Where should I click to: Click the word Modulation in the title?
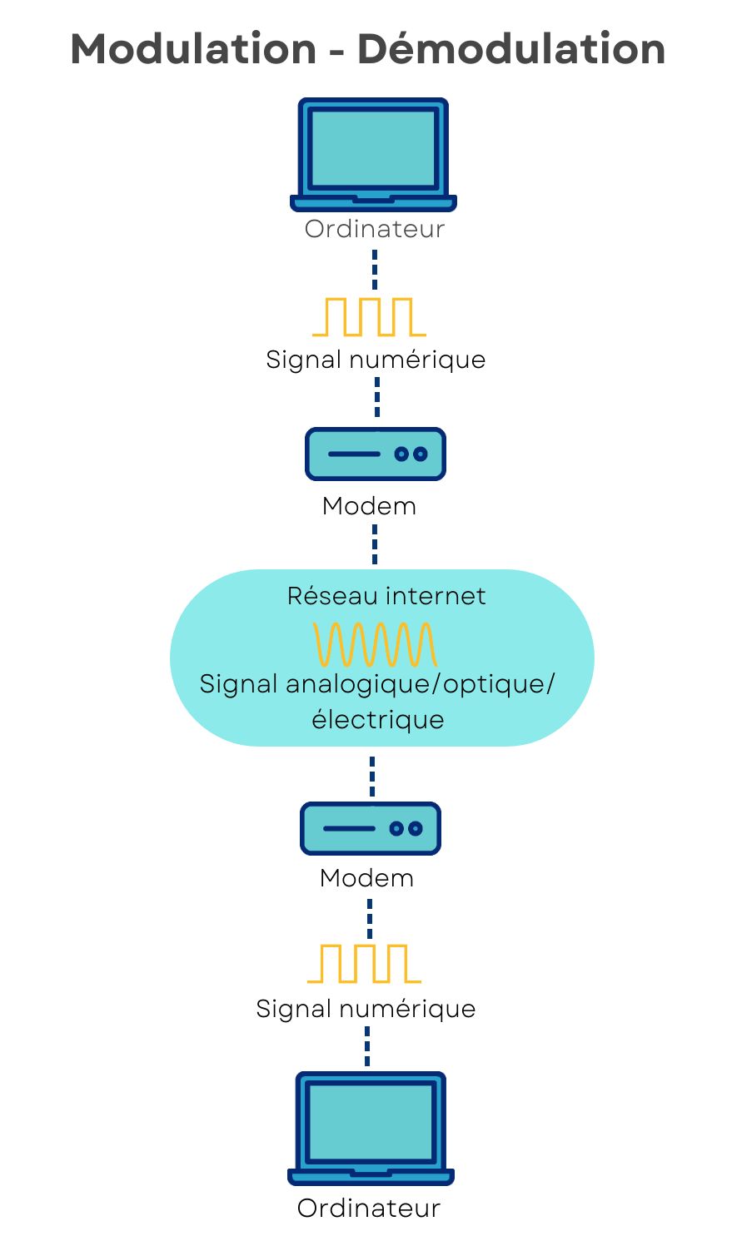click(x=193, y=49)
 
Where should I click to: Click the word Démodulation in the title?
click(x=511, y=49)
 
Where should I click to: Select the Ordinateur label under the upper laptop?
click(x=375, y=229)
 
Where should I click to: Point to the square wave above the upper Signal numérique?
click(x=369, y=317)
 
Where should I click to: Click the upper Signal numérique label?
click(x=376, y=360)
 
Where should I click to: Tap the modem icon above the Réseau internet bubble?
click(x=376, y=454)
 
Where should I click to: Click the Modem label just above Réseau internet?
click(x=369, y=506)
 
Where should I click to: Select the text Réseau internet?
click(x=386, y=596)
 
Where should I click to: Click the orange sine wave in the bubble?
click(x=375, y=644)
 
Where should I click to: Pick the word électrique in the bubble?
click(x=378, y=719)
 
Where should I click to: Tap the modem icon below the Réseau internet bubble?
click(x=371, y=828)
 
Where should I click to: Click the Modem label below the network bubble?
click(x=366, y=878)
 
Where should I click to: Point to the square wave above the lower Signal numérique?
click(x=365, y=964)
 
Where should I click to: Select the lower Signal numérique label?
click(x=366, y=1009)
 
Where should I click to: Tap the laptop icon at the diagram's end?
click(x=371, y=1128)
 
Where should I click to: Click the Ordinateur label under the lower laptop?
click(x=369, y=1209)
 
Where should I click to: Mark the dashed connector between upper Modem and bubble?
click(x=375, y=544)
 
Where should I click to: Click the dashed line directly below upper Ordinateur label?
click(x=375, y=269)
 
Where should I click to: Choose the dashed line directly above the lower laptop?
click(x=367, y=1046)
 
